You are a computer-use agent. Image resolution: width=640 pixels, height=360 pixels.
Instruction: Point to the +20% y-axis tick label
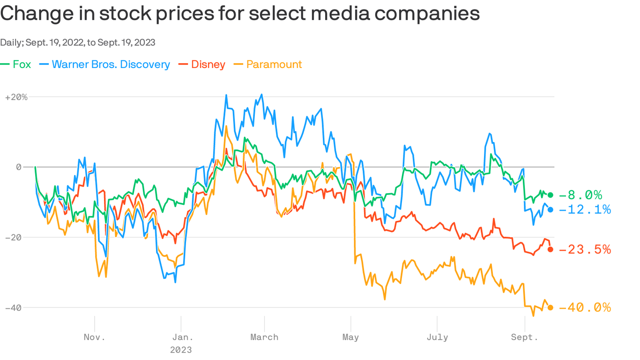pyautogui.click(x=16, y=97)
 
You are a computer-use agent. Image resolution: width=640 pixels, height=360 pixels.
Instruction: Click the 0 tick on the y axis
pyautogui.click(x=19, y=167)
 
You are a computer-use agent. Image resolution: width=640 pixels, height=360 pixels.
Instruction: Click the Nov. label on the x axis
pyautogui.click(x=95, y=337)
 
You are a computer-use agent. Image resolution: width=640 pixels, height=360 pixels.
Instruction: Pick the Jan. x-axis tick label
pyautogui.click(x=180, y=337)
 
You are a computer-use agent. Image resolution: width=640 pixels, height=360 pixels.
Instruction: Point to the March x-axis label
pyautogui.click(x=264, y=337)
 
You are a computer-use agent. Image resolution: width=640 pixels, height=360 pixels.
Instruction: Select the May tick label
pyautogui.click(x=350, y=337)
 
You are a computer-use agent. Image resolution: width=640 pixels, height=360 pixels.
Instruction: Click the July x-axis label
pyautogui.click(x=437, y=337)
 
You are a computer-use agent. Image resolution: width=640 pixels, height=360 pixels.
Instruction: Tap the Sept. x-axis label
pyautogui.click(x=524, y=337)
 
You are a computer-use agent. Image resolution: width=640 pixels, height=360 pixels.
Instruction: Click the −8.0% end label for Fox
pyautogui.click(x=580, y=195)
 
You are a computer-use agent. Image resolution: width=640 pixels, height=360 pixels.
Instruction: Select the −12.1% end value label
pyautogui.click(x=585, y=210)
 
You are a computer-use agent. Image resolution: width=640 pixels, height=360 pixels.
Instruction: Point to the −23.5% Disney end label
pyautogui.click(x=585, y=249)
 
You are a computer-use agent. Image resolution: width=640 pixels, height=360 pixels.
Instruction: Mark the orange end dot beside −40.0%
pyautogui.click(x=551, y=307)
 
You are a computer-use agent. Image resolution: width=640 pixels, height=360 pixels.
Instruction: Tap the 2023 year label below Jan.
pyautogui.click(x=180, y=350)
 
